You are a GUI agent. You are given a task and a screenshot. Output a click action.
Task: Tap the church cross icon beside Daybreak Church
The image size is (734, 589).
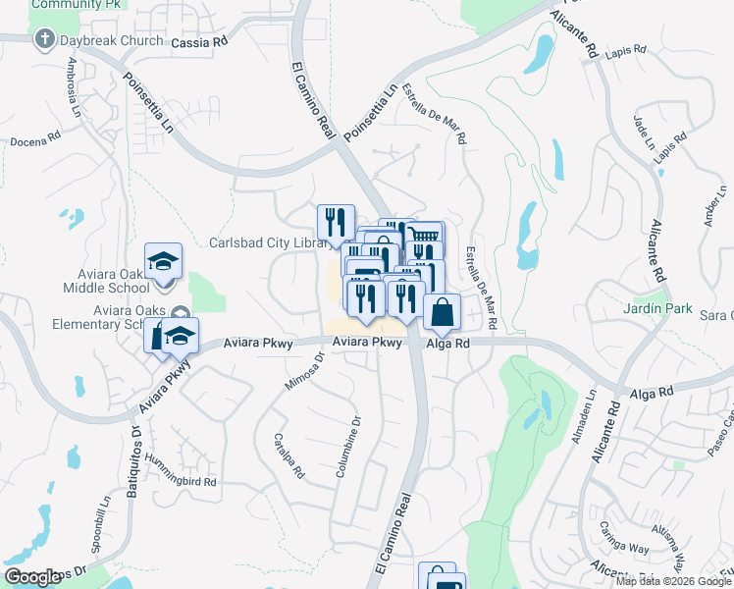tap(43, 40)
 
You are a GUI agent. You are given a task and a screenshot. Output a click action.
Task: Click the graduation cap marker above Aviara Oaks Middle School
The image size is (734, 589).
tap(163, 261)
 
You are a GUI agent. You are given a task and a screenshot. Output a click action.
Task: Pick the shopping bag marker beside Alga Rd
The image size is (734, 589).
tap(443, 312)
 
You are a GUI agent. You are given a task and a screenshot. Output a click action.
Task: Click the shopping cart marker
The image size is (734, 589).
tap(425, 237)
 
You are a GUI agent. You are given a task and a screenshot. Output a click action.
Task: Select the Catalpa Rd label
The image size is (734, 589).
tap(290, 456)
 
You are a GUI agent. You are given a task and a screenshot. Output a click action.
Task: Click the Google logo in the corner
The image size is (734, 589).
tap(32, 576)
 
